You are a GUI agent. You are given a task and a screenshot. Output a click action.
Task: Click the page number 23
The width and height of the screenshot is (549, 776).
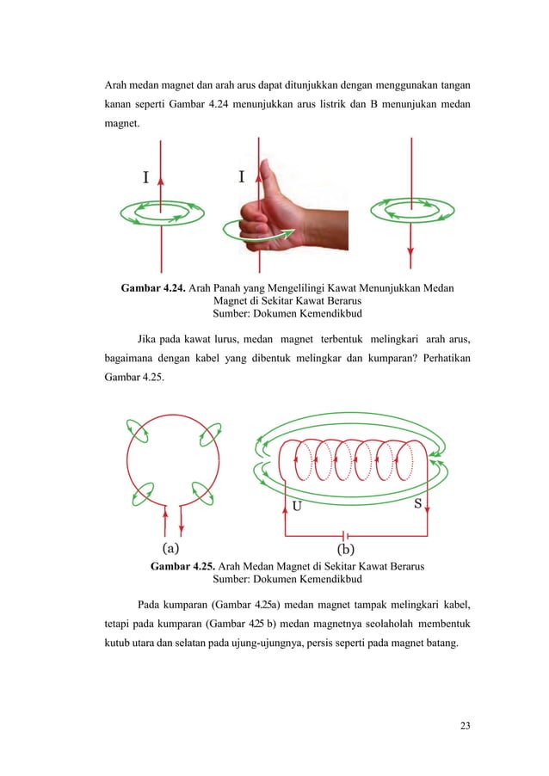[465, 726]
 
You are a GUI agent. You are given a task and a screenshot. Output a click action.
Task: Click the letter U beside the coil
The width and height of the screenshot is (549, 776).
[296, 507]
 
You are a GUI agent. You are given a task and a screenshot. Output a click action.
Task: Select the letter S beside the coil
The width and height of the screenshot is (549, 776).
[417, 505]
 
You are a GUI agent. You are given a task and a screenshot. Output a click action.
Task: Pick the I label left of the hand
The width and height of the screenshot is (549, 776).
[241, 176]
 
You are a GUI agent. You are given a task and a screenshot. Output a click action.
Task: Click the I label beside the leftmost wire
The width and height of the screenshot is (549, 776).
[146, 178]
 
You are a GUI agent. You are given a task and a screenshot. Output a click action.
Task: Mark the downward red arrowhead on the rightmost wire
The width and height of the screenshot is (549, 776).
[411, 254]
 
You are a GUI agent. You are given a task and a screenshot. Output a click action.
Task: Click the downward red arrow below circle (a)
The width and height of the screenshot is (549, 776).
[181, 520]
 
